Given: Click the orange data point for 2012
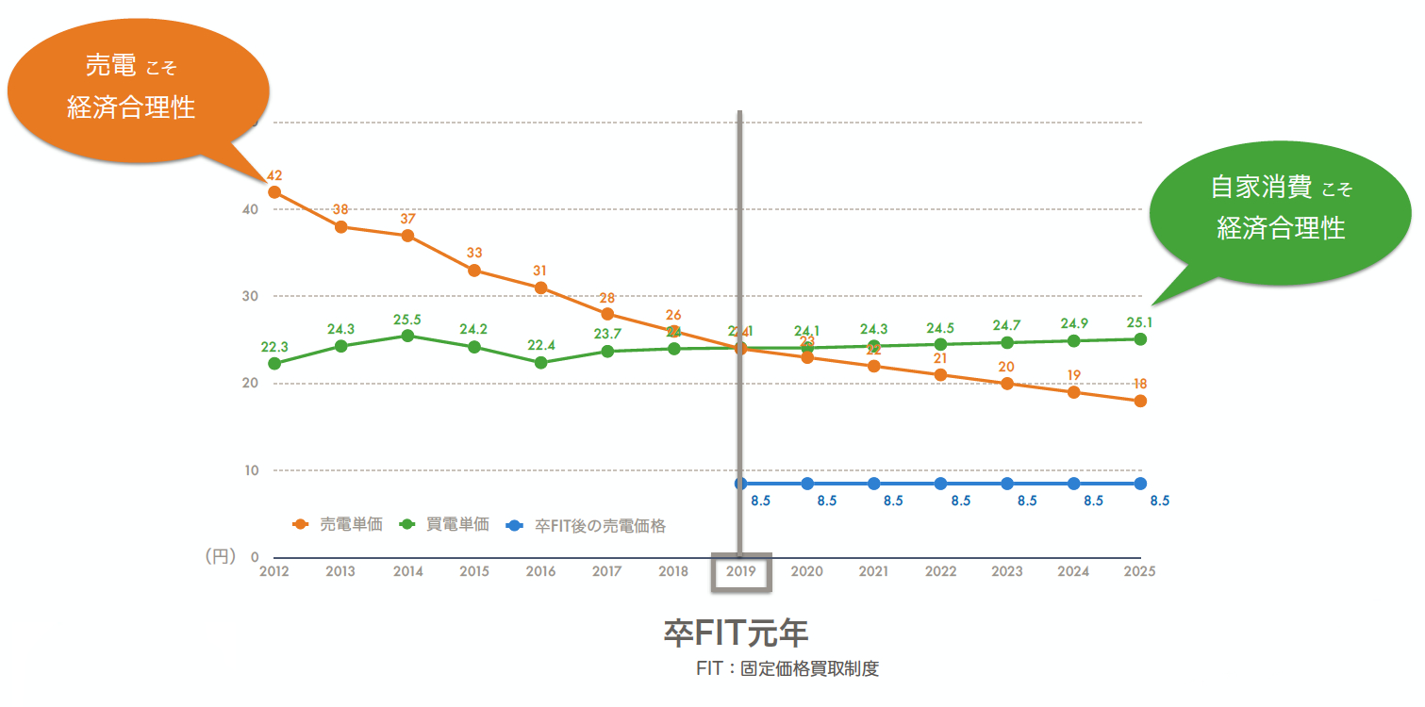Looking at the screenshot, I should pyautogui.click(x=274, y=192).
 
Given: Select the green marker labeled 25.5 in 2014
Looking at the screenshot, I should pyautogui.click(x=407, y=336).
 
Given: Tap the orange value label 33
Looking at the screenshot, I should pyautogui.click(x=474, y=254).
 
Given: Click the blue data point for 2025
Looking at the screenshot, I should pyautogui.click(x=1140, y=484).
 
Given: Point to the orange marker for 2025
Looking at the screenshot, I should pyautogui.click(x=1140, y=402).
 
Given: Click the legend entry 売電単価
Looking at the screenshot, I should pyautogui.click(x=339, y=525).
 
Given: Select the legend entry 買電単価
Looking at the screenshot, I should pyautogui.click(x=446, y=525).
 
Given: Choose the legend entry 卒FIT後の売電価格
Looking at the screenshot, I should pyautogui.click(x=587, y=526).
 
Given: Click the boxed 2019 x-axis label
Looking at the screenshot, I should pyautogui.click(x=741, y=572).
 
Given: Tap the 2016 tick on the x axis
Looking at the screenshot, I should pyautogui.click(x=540, y=572).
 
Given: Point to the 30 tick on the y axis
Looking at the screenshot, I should pyautogui.click(x=250, y=296).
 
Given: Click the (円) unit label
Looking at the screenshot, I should pyautogui.click(x=220, y=557).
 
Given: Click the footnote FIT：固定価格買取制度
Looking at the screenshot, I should pyautogui.click(x=787, y=669).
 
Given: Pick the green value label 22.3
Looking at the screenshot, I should pyautogui.click(x=274, y=347).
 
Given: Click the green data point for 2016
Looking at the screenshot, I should pyautogui.click(x=540, y=363).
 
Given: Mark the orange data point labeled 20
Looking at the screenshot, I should pyautogui.click(x=1007, y=384).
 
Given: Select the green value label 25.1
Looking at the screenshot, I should pyautogui.click(x=1139, y=322).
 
